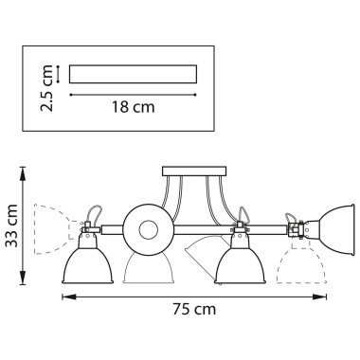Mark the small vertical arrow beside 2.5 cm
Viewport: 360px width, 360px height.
point(58,72)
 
